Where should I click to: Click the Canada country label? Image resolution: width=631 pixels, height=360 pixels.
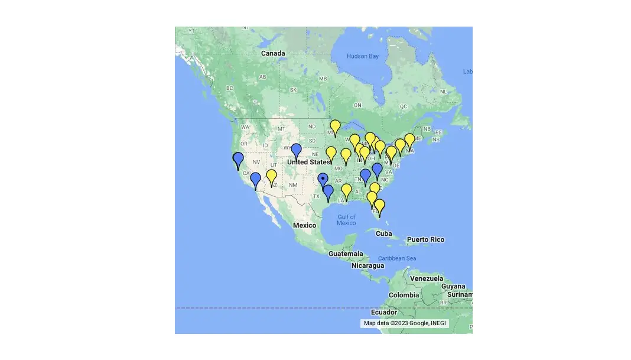[273, 53]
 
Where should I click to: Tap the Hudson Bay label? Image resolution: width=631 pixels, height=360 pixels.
[362, 57]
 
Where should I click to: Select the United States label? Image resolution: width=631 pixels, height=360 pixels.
[308, 162]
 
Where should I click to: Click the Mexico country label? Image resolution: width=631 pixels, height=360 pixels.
[305, 225]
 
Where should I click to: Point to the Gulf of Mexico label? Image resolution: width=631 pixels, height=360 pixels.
[346, 219]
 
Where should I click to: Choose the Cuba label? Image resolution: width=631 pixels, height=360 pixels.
[383, 233]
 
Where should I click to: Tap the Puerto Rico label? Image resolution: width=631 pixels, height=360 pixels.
[425, 239]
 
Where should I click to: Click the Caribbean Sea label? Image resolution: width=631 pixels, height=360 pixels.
[397, 258]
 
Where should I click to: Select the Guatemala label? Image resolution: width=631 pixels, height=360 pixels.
[346, 254]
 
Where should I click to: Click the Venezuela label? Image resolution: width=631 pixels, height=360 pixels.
[427, 278]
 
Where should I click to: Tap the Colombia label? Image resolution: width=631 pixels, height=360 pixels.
[404, 295]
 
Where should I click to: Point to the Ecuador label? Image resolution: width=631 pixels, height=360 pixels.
[392, 312]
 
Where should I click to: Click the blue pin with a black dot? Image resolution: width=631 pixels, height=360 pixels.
[323, 179]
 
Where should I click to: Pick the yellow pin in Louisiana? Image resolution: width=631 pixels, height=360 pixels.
[347, 190]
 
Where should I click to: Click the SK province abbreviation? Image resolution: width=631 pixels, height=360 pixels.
[293, 90]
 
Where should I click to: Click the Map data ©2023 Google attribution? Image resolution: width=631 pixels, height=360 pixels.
[405, 323]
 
